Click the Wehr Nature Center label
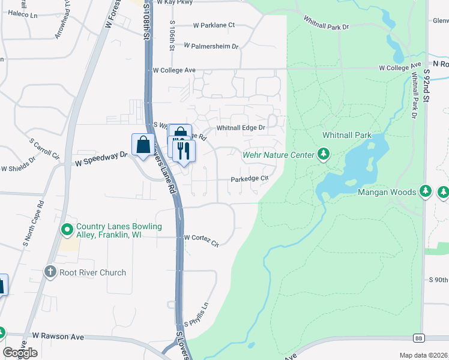[x=278, y=155]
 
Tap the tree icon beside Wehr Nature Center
[x=324, y=155]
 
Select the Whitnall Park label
[x=347, y=135]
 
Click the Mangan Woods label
[x=387, y=192]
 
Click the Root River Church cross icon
[x=50, y=272]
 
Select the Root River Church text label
[x=92, y=272]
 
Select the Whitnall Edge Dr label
[x=241, y=127]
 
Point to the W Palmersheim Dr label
[x=211, y=46]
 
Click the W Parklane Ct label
[x=214, y=25]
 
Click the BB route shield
[x=418, y=337]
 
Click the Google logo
[x=20, y=352]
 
